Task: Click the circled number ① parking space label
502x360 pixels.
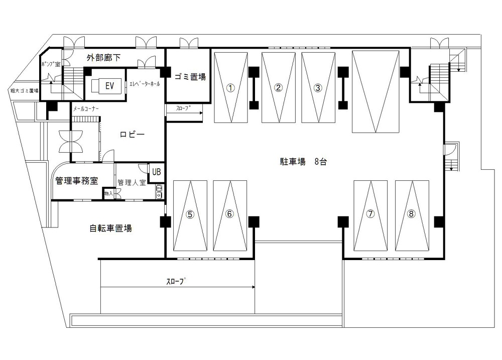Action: [x=230, y=87]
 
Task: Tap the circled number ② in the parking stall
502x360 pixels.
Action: [x=279, y=87]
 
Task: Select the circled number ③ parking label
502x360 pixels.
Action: [x=317, y=87]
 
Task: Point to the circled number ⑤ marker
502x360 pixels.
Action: [x=190, y=214]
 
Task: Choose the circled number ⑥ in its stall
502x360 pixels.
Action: [x=229, y=214]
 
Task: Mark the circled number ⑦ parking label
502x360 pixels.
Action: [x=370, y=214]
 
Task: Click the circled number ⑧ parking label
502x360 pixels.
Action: [x=412, y=214]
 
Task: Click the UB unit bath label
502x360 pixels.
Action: [x=157, y=172]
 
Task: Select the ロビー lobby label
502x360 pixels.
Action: [x=132, y=135]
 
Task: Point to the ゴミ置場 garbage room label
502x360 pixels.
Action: [x=190, y=77]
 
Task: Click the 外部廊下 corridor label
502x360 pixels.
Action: [x=103, y=58]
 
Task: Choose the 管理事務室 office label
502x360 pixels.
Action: [x=76, y=181]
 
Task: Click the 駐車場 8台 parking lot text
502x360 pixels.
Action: [x=300, y=162]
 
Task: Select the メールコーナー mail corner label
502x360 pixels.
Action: [x=86, y=108]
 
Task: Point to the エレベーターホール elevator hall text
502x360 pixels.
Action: [x=145, y=84]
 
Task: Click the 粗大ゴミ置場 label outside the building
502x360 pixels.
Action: [x=25, y=91]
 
